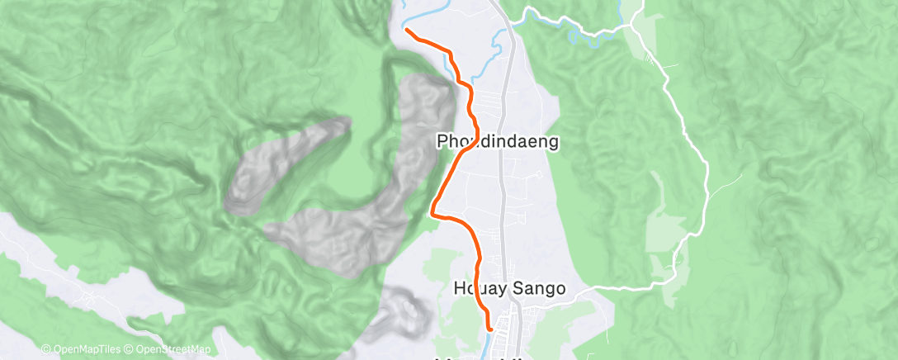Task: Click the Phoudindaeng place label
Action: [x=499, y=142]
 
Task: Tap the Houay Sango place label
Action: [x=509, y=289]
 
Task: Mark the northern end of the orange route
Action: [x=407, y=31]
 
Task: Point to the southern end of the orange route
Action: [x=490, y=329]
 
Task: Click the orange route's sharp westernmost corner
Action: [x=432, y=214]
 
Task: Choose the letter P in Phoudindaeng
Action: [x=442, y=142]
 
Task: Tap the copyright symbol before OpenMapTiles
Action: [x=45, y=349]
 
